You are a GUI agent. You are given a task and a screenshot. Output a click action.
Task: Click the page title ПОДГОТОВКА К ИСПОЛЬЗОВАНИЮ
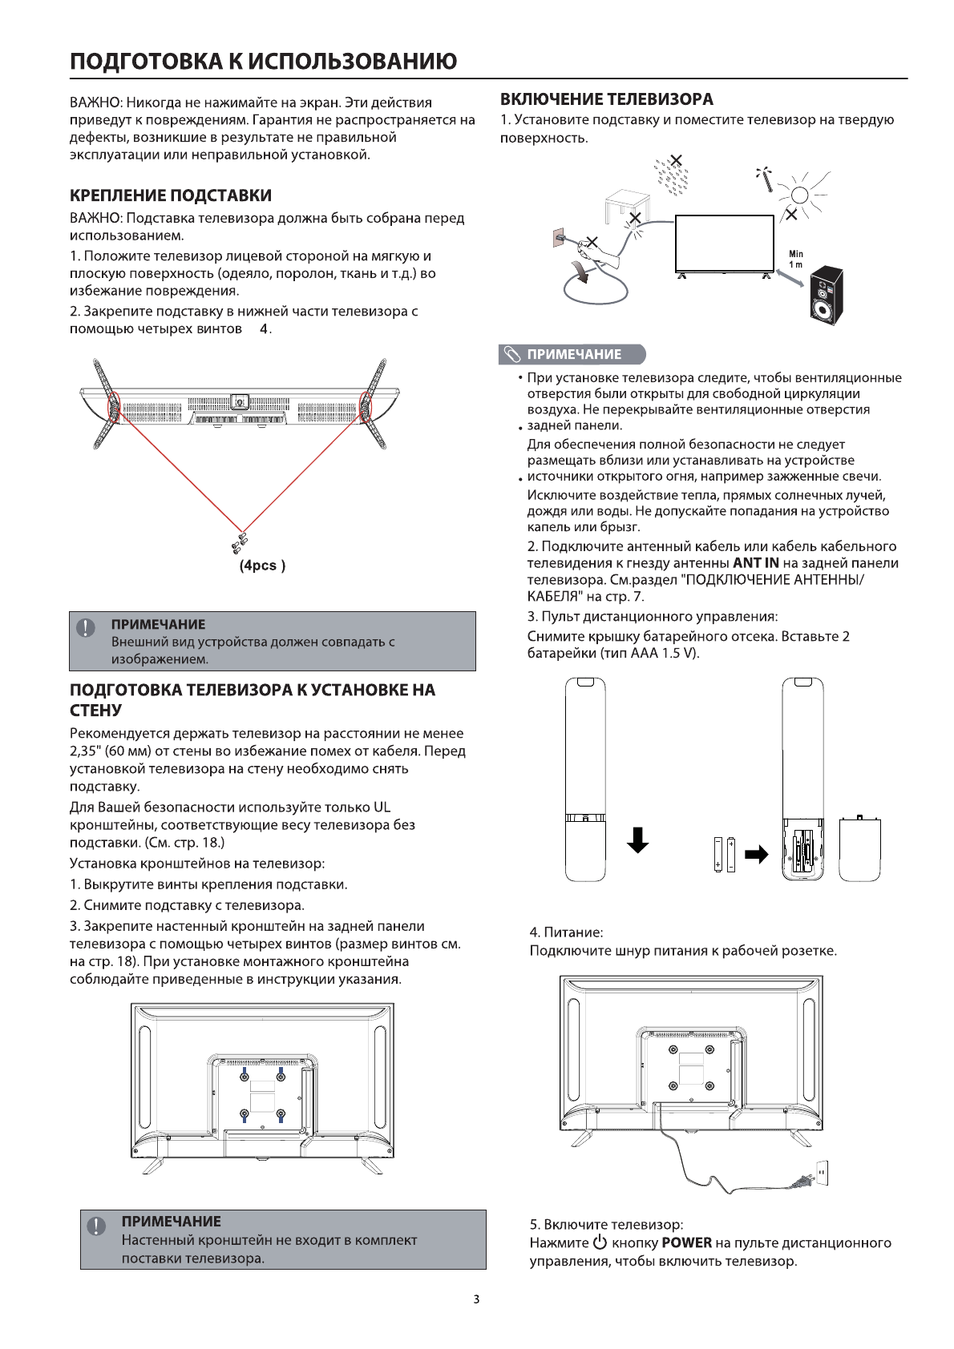click(x=264, y=61)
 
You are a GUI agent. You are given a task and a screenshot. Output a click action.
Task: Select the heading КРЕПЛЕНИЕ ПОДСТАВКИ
click(x=171, y=195)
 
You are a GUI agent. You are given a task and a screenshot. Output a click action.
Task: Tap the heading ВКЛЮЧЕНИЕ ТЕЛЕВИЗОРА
click(x=607, y=99)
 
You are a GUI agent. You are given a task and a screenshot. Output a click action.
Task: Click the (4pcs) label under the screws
click(x=263, y=566)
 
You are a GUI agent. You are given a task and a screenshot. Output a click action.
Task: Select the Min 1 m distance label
click(x=796, y=259)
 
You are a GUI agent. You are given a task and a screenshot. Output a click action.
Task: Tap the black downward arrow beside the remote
click(x=637, y=839)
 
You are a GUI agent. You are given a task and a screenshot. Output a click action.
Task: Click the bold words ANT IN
click(x=756, y=563)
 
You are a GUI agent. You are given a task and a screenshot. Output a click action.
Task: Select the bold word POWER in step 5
click(x=687, y=1243)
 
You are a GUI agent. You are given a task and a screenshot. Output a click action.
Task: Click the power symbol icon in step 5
click(x=600, y=1243)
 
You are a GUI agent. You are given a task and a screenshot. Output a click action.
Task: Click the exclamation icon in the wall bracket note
click(x=96, y=1226)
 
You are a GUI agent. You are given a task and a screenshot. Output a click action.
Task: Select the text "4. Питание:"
click(x=566, y=932)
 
